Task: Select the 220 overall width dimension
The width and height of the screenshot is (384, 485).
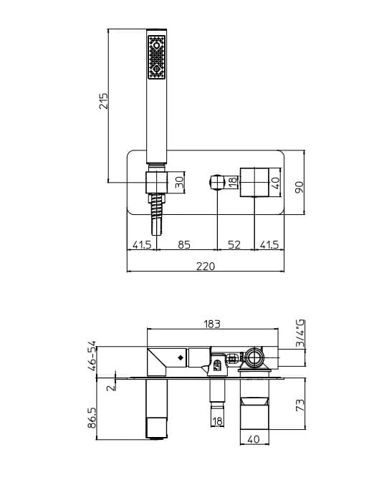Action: click(206, 266)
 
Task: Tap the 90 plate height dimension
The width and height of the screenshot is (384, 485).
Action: click(301, 186)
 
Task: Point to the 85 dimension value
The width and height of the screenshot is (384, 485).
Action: click(183, 245)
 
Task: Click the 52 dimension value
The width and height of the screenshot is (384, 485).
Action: click(234, 245)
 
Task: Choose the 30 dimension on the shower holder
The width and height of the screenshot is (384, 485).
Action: click(179, 182)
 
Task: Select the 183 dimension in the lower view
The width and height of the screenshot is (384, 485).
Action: click(211, 324)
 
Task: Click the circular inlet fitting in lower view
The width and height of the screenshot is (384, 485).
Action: click(254, 356)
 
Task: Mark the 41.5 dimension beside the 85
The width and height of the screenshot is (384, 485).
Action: click(142, 245)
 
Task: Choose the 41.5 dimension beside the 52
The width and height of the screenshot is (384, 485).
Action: click(270, 245)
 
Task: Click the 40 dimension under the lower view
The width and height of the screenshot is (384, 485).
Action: click(254, 438)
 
